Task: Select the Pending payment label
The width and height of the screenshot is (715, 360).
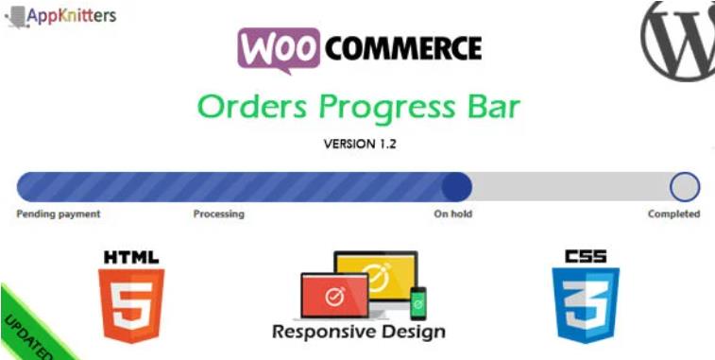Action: coord(59,214)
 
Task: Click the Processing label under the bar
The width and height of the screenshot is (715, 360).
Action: coord(218,214)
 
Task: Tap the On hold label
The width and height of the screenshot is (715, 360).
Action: coord(453,214)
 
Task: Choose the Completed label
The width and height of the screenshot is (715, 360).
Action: coord(673,214)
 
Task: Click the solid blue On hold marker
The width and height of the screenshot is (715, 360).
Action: coord(456,186)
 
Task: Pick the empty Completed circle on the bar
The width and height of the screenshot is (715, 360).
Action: coord(685,186)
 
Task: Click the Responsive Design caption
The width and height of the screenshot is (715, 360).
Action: coord(358,332)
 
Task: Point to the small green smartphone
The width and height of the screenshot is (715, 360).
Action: coord(418,302)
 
